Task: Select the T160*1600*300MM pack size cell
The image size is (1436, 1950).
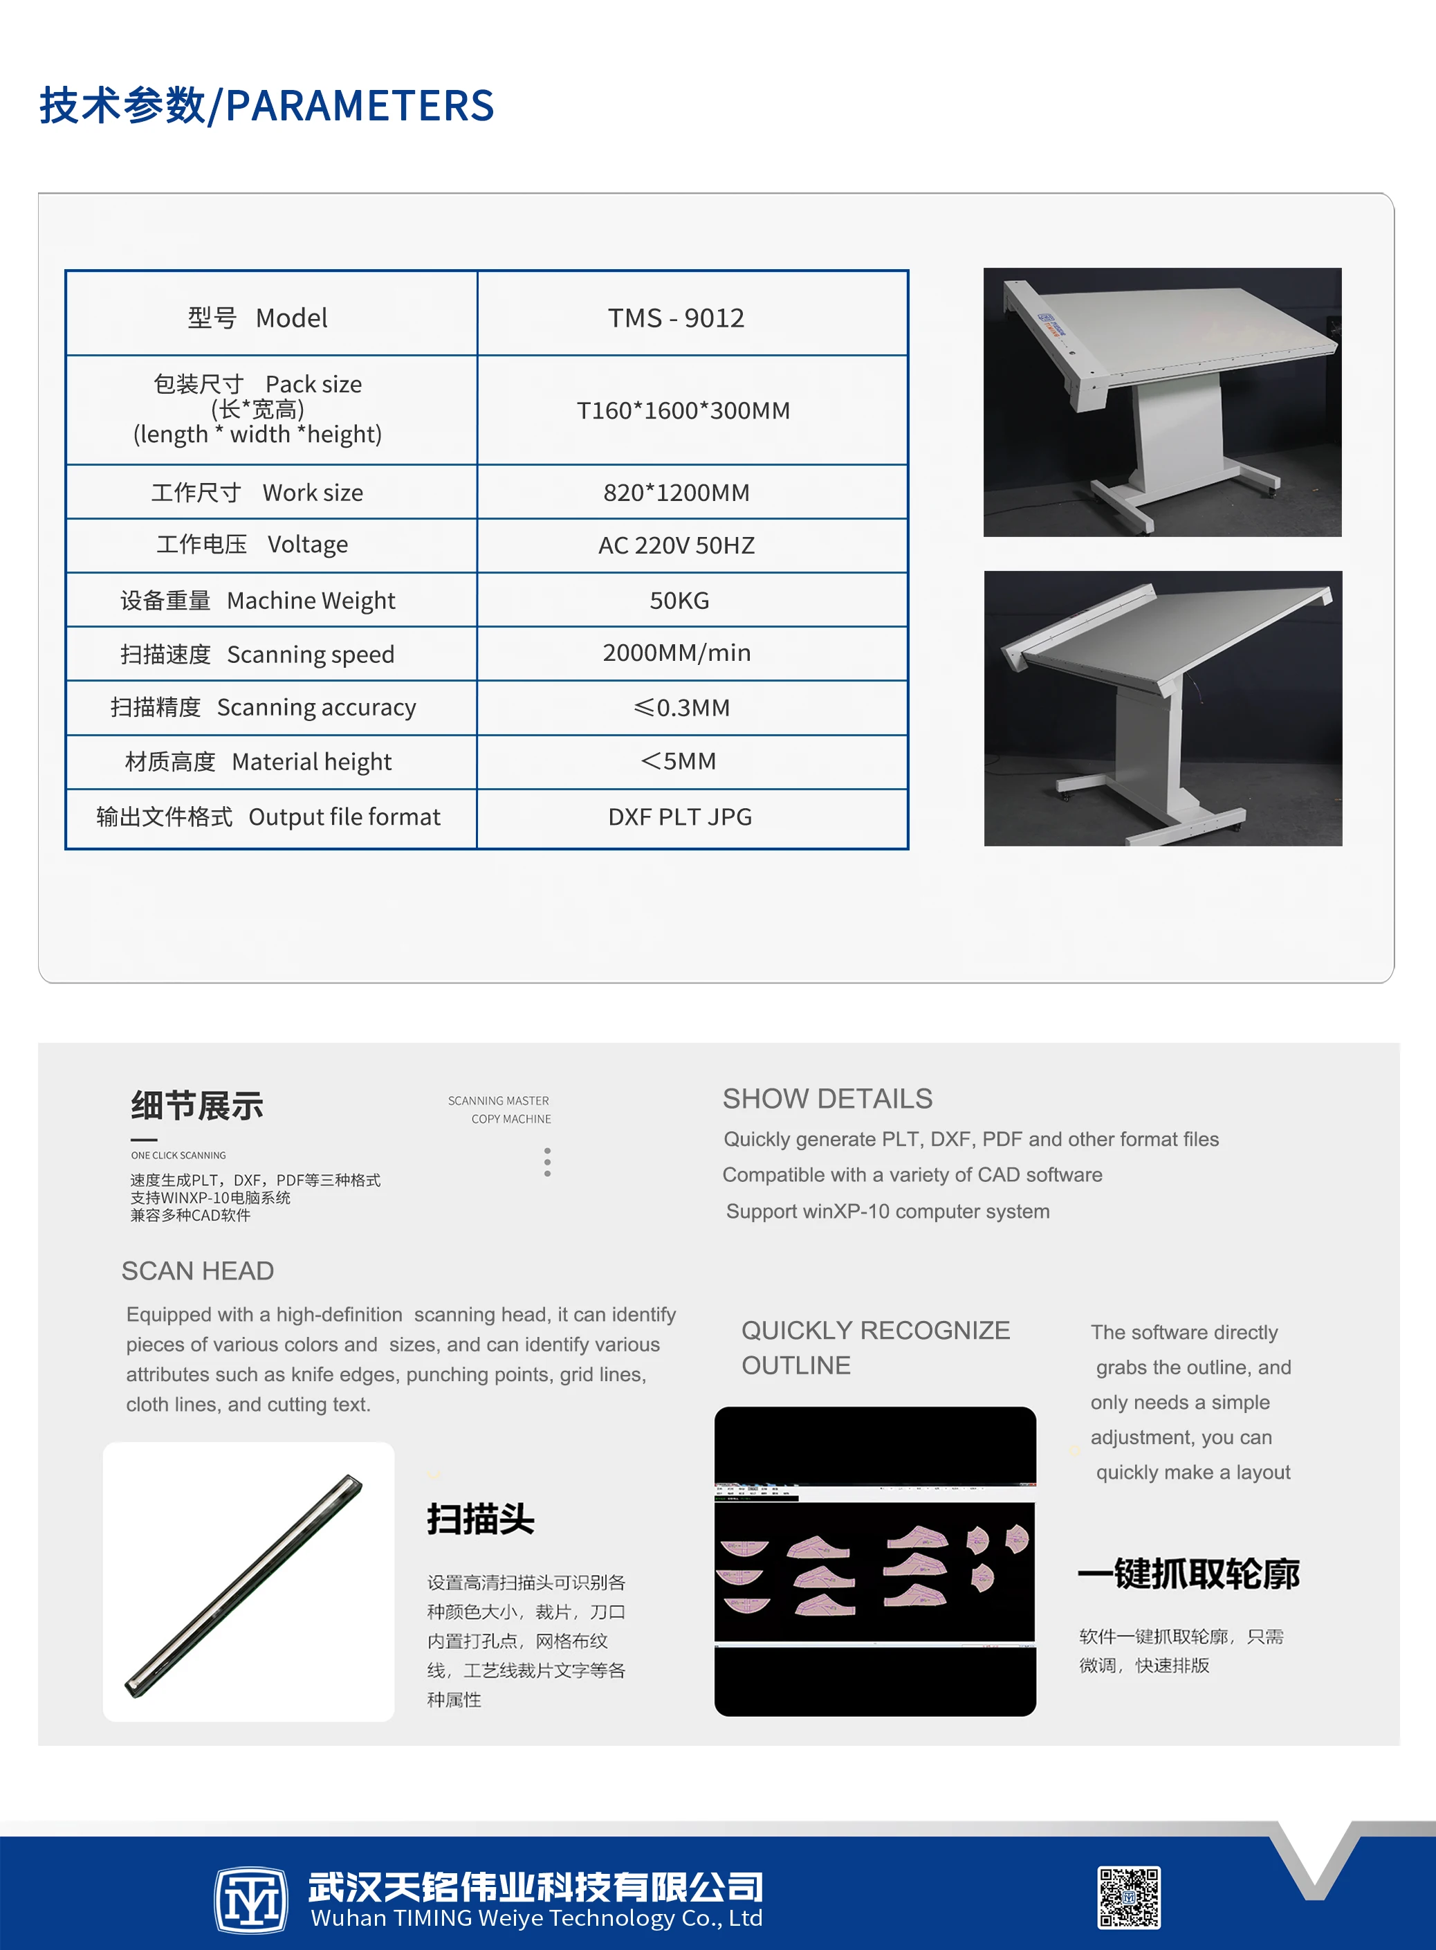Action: pyautogui.click(x=683, y=410)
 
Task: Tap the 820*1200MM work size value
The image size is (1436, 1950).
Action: pyautogui.click(x=676, y=493)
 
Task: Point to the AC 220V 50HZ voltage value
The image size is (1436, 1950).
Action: pyautogui.click(x=676, y=546)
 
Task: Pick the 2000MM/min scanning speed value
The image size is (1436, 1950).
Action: pyautogui.click(x=676, y=653)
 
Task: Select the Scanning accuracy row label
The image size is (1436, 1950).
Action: pyautogui.click(x=264, y=708)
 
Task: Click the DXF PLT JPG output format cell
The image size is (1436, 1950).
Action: pyautogui.click(x=680, y=817)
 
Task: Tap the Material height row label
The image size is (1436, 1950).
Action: pyautogui.click(x=258, y=762)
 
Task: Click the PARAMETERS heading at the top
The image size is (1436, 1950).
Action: pyautogui.click(x=266, y=106)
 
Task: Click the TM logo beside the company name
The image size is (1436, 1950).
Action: pyautogui.click(x=251, y=1899)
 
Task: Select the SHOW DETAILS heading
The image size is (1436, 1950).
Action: pyautogui.click(x=827, y=1099)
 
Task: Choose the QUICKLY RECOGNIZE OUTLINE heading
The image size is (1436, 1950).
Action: pyautogui.click(x=874, y=1347)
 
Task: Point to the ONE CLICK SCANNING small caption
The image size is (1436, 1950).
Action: pyautogui.click(x=178, y=1156)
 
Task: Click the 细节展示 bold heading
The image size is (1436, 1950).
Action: pyautogui.click(x=197, y=1106)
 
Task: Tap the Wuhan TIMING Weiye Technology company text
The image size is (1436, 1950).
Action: pyautogui.click(x=535, y=1918)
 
